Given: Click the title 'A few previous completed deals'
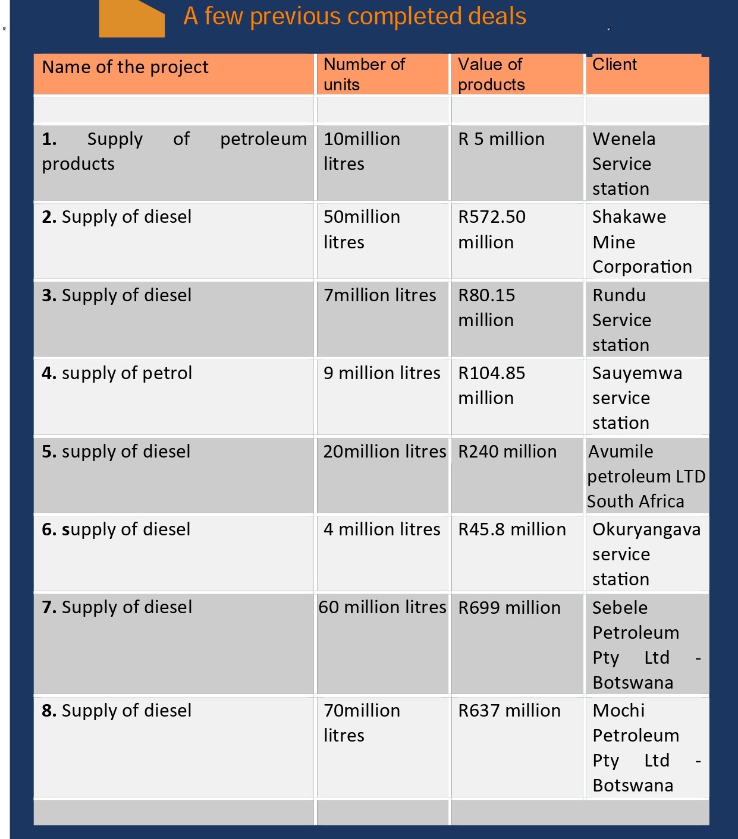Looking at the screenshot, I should (x=354, y=17).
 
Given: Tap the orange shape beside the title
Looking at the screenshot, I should (x=132, y=19).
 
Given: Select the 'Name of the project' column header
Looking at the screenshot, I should (x=125, y=68).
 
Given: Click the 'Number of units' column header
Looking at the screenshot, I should (x=364, y=74).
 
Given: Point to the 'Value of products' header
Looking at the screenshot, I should (x=491, y=74).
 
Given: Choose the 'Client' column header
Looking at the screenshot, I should (x=614, y=65).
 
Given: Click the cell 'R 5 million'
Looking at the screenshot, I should (x=501, y=139).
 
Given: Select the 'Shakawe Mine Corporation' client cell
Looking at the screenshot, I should (x=642, y=241).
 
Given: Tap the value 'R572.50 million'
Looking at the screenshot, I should (x=492, y=229).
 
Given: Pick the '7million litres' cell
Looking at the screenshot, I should (x=380, y=295).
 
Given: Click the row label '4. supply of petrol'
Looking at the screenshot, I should (x=117, y=373).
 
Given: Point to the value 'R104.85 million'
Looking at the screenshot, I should (x=492, y=385).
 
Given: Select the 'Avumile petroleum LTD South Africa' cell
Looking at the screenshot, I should (x=646, y=476).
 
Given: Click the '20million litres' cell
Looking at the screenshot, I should (x=384, y=452).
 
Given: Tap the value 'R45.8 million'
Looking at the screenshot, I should (x=512, y=529).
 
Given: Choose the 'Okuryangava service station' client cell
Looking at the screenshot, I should (x=646, y=554).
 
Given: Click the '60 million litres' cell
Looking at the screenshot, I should (x=382, y=607).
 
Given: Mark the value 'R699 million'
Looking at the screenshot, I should (x=509, y=608).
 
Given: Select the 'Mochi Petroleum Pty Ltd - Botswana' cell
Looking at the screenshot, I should (x=646, y=747).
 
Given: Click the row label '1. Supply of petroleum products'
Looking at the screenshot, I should (x=174, y=151).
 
